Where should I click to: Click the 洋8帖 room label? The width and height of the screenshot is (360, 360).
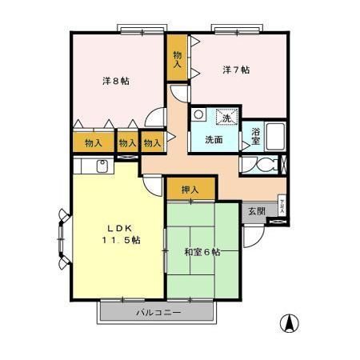(x=116, y=82)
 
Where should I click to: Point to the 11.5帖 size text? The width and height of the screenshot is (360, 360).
(x=120, y=240)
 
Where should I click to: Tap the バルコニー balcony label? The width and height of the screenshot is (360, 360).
(x=158, y=312)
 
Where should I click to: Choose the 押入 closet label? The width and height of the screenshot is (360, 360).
(x=190, y=190)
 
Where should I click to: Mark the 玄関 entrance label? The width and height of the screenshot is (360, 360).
(x=256, y=211)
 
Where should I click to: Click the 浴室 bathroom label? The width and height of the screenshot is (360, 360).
(x=255, y=135)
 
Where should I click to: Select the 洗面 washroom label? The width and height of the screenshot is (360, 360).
(x=213, y=139)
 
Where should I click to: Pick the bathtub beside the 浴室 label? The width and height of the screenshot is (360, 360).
(x=276, y=137)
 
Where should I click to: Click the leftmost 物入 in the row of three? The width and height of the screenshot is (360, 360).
(x=93, y=143)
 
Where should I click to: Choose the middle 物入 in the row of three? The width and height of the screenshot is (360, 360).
(x=126, y=143)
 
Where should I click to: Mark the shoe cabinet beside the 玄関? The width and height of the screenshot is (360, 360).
(x=281, y=205)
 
